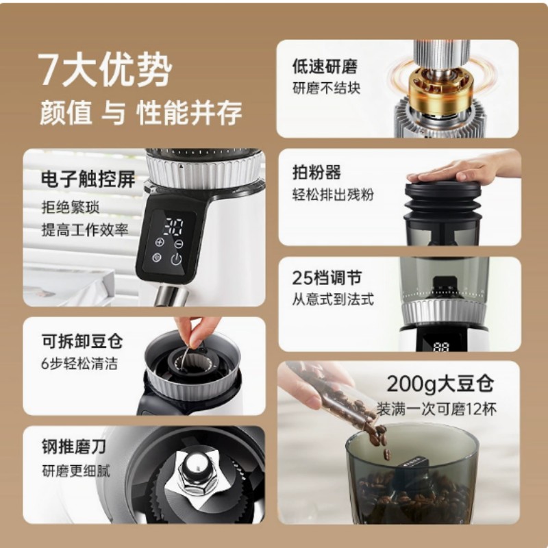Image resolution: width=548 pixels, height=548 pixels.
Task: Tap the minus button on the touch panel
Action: pyautogui.click(x=179, y=242)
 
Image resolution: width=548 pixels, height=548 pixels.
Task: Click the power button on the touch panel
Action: pyautogui.click(x=177, y=259)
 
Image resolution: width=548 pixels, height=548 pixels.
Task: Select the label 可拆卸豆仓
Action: pyautogui.click(x=82, y=340)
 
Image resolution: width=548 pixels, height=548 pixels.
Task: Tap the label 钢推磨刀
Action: pyautogui.click(x=73, y=449)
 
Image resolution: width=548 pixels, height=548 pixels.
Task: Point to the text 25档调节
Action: pyautogui.click(x=327, y=278)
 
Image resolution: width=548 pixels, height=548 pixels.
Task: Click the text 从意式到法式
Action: pyautogui.click(x=332, y=299)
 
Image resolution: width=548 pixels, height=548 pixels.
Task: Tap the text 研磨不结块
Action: pyautogui.click(x=326, y=88)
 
